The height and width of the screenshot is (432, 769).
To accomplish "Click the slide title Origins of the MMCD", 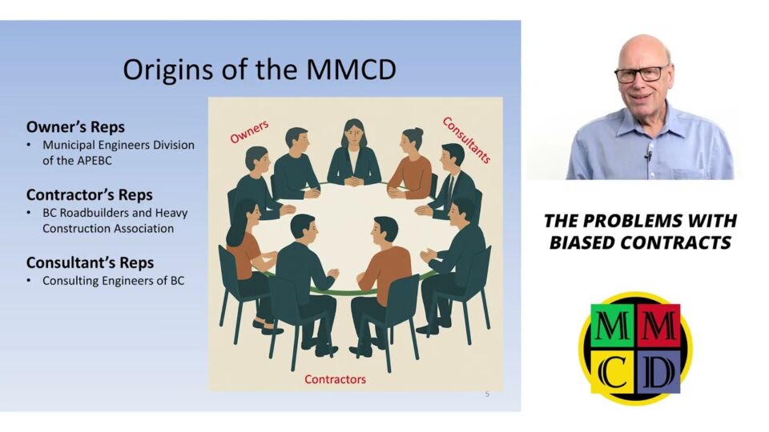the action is coord(260,70).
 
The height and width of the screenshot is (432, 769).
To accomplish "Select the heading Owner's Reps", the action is coord(75,127).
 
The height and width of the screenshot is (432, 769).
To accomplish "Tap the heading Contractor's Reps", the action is coord(89,195).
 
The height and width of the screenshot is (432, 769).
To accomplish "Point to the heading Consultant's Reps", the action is coord(91,262).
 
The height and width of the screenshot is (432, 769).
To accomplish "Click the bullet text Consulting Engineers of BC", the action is coord(113,281).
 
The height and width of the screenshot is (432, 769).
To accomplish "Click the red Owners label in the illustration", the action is coord(250,132).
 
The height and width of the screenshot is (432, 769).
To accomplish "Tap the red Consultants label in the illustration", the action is coord(466,140).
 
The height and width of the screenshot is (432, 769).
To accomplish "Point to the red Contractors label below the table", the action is coord(335,379).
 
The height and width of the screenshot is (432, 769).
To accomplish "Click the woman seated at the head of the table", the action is coord(354,153).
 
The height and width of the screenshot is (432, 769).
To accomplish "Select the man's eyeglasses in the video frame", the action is coord(641,74).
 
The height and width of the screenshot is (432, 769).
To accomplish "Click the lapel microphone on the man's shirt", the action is coord(648,157).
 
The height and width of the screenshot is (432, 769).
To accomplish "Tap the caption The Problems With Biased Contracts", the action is coord(641,232).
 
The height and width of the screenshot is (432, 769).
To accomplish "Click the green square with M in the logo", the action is coord(613,326).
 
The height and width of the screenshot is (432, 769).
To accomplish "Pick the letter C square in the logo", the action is coord(613,370).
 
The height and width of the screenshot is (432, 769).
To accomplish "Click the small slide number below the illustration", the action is coord(487,394).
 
